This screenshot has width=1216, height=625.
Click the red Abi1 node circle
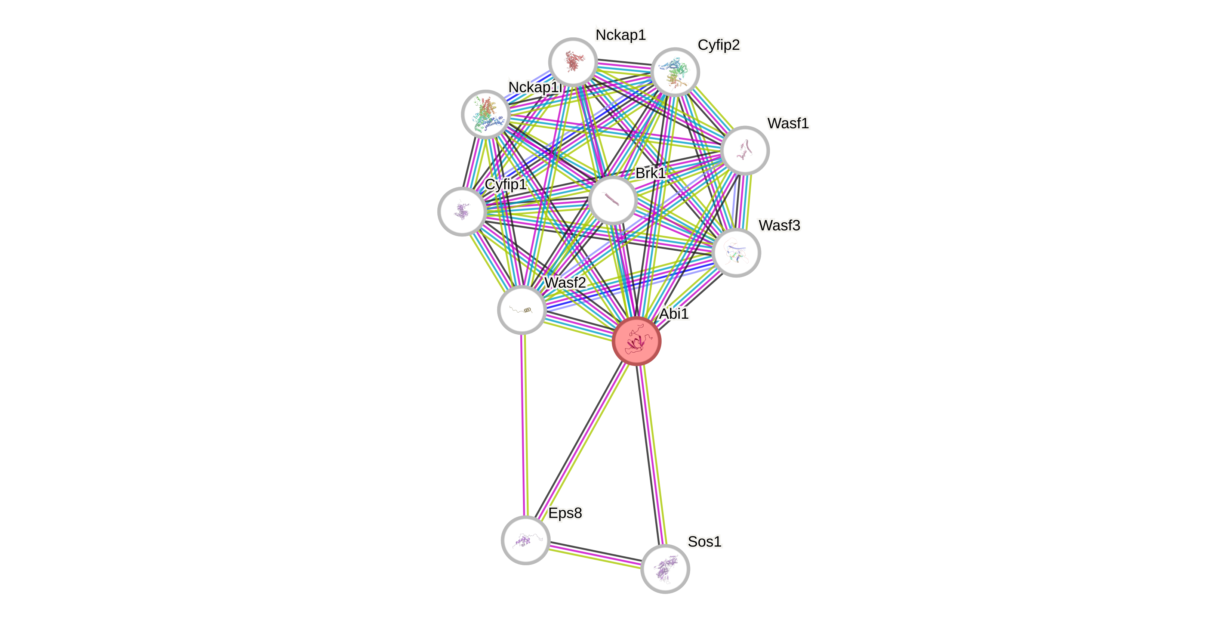click(636, 341)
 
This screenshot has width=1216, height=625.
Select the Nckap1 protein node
click(573, 62)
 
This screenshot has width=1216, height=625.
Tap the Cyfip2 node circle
click(675, 72)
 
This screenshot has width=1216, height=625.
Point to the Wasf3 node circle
click(736, 253)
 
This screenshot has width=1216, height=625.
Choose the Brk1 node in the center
click(613, 200)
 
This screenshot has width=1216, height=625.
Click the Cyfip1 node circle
click(462, 211)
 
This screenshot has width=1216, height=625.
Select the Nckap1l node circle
click(486, 114)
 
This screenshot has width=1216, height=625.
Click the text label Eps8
click(565, 513)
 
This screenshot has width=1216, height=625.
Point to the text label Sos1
click(704, 542)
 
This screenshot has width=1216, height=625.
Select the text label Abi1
click(674, 313)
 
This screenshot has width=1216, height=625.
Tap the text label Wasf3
click(779, 226)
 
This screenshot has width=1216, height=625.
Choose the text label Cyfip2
click(718, 45)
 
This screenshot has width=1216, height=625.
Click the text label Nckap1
click(620, 35)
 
